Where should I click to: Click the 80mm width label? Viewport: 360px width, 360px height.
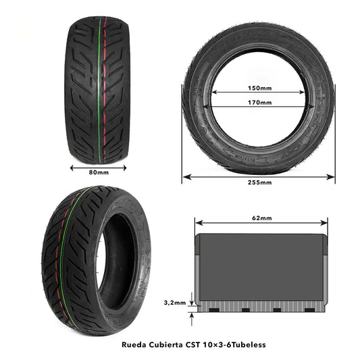click(99, 172)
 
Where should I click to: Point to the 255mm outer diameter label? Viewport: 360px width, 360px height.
click(259, 182)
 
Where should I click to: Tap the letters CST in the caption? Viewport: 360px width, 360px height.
click(199, 344)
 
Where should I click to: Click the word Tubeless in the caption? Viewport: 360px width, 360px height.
click(249, 344)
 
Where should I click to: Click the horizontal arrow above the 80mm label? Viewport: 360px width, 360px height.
click(99, 164)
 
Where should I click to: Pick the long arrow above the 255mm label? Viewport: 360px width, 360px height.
click(259, 176)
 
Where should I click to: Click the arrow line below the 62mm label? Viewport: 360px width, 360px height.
click(261, 225)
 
